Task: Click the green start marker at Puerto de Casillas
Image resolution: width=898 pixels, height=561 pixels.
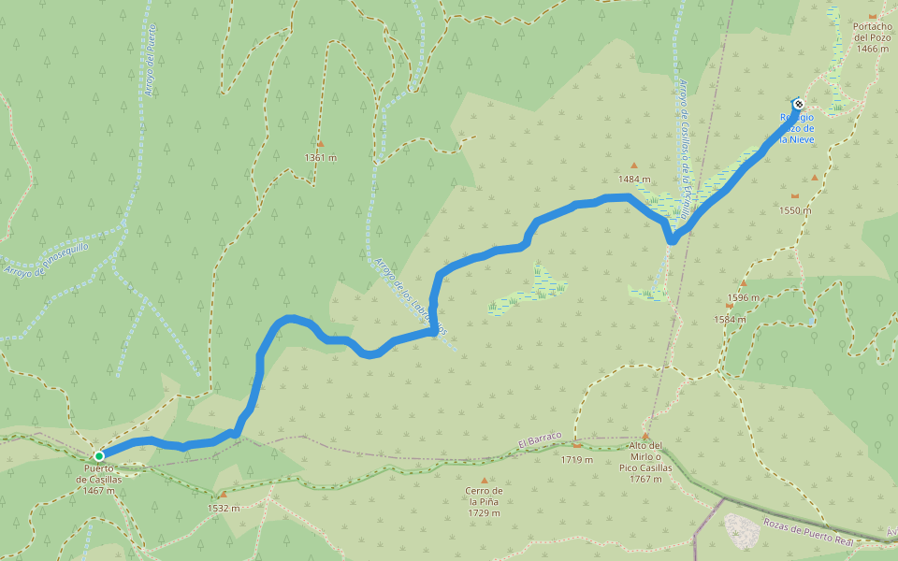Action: point(99,456)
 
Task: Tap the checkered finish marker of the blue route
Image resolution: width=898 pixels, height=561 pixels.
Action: point(798,104)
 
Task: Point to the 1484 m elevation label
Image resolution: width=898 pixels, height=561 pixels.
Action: point(633,180)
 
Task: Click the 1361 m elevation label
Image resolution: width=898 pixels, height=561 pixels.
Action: point(320,157)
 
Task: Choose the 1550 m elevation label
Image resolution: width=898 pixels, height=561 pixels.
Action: point(795,210)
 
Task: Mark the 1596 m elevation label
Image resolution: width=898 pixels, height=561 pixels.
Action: point(744,297)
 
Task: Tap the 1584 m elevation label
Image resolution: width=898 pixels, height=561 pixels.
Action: point(730,319)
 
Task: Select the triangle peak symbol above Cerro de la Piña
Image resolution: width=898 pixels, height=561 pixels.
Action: point(484,480)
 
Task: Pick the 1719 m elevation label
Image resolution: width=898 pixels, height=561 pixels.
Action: point(577,459)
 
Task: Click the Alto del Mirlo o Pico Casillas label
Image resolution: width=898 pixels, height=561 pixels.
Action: point(645,462)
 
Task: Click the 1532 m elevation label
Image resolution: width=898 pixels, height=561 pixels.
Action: point(223,509)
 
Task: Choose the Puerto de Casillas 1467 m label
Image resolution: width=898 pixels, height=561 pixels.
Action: point(99,479)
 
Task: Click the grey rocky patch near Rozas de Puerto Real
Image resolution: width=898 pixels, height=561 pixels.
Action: point(743,529)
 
